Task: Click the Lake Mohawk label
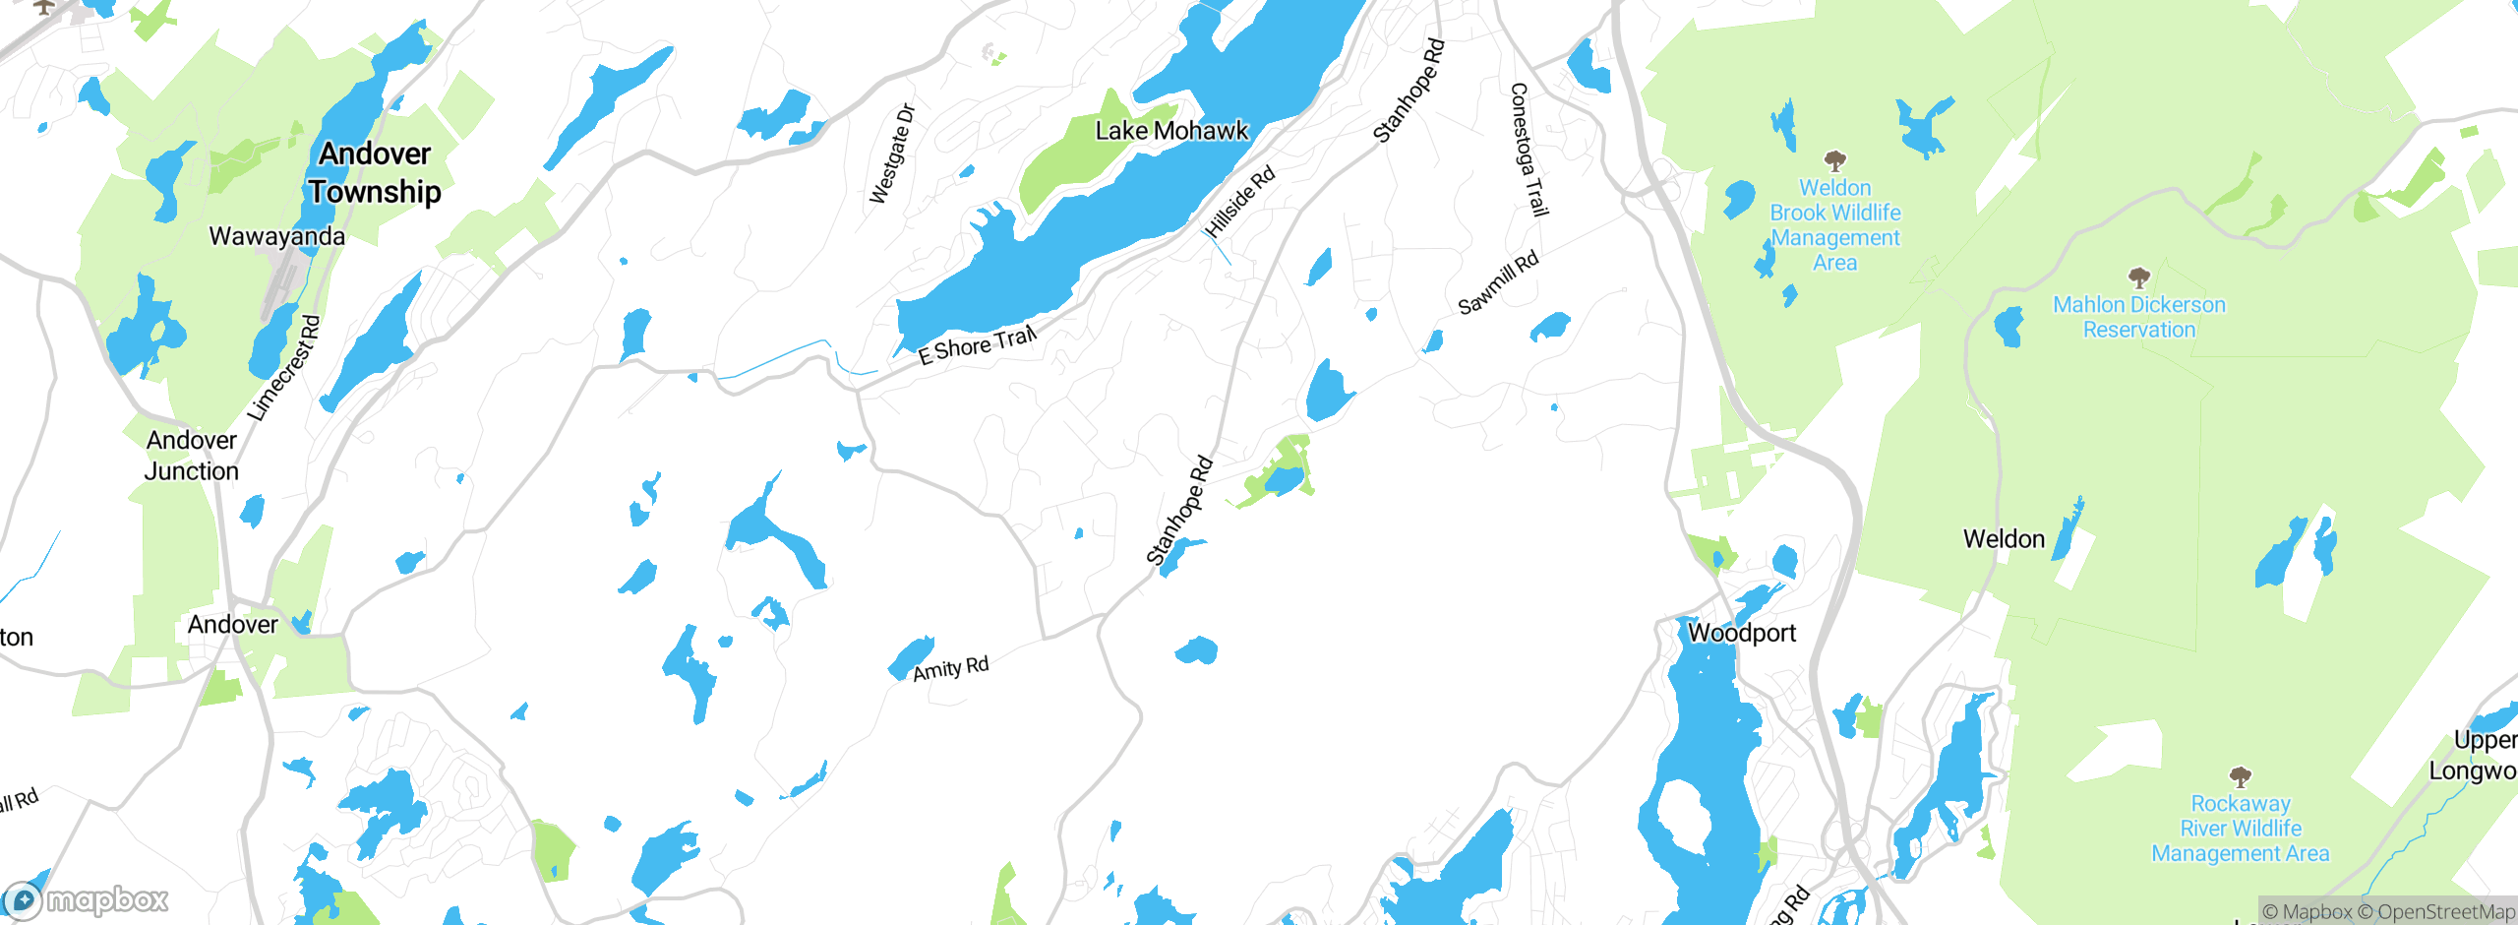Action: click(x=1170, y=131)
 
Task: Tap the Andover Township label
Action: click(x=375, y=172)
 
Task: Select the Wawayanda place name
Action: click(x=276, y=236)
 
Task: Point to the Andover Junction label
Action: click(x=192, y=456)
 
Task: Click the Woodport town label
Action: click(x=1741, y=633)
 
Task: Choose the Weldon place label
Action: click(x=2004, y=539)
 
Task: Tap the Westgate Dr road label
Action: click(x=892, y=154)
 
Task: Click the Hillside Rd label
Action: click(x=1240, y=202)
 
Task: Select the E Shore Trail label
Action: click(x=977, y=345)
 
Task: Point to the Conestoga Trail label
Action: click(x=1529, y=150)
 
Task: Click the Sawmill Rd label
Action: click(x=1497, y=284)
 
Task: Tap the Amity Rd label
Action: click(x=950, y=669)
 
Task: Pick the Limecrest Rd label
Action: click(x=283, y=369)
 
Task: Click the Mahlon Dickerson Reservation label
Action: click(x=2138, y=317)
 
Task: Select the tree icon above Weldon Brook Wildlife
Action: click(x=1834, y=160)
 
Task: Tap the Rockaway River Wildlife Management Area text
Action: click(x=2240, y=829)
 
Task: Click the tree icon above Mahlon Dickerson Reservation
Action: click(x=2138, y=277)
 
